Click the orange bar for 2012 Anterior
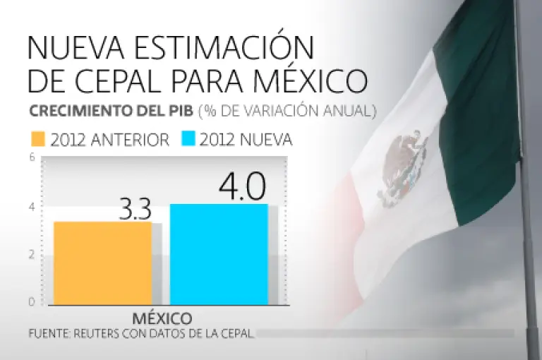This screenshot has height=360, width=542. point(102,263)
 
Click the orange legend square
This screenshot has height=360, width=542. point(37,139)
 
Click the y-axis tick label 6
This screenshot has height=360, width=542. point(32,158)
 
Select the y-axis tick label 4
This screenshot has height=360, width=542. point(32,207)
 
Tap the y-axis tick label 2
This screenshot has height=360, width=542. point(32,254)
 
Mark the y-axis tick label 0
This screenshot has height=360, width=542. point(32,302)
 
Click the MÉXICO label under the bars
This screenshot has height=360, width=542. point(162,317)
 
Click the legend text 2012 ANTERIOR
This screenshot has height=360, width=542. point(109,139)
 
